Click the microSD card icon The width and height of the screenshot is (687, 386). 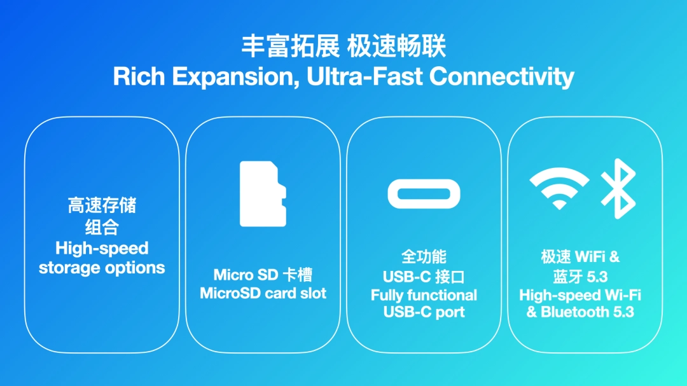(x=263, y=194)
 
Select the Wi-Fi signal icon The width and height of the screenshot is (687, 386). (x=559, y=188)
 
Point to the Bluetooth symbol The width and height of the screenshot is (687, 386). (x=618, y=188)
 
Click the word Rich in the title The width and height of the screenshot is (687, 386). (x=139, y=77)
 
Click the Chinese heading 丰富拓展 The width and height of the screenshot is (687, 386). (x=289, y=46)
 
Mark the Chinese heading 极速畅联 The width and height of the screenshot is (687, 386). (x=397, y=46)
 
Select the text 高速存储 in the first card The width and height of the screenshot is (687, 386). (x=102, y=205)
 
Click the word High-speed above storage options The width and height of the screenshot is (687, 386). (x=102, y=248)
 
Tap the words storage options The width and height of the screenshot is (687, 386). (x=102, y=268)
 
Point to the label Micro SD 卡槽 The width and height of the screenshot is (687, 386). (x=263, y=275)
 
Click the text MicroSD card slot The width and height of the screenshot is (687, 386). (x=263, y=293)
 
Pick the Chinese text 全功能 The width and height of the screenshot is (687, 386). (x=424, y=257)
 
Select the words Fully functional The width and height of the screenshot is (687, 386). (x=424, y=295)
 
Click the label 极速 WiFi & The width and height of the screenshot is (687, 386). (x=580, y=257)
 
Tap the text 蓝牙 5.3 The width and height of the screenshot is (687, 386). (x=580, y=277)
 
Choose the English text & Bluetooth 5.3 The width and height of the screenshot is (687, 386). (x=580, y=312)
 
